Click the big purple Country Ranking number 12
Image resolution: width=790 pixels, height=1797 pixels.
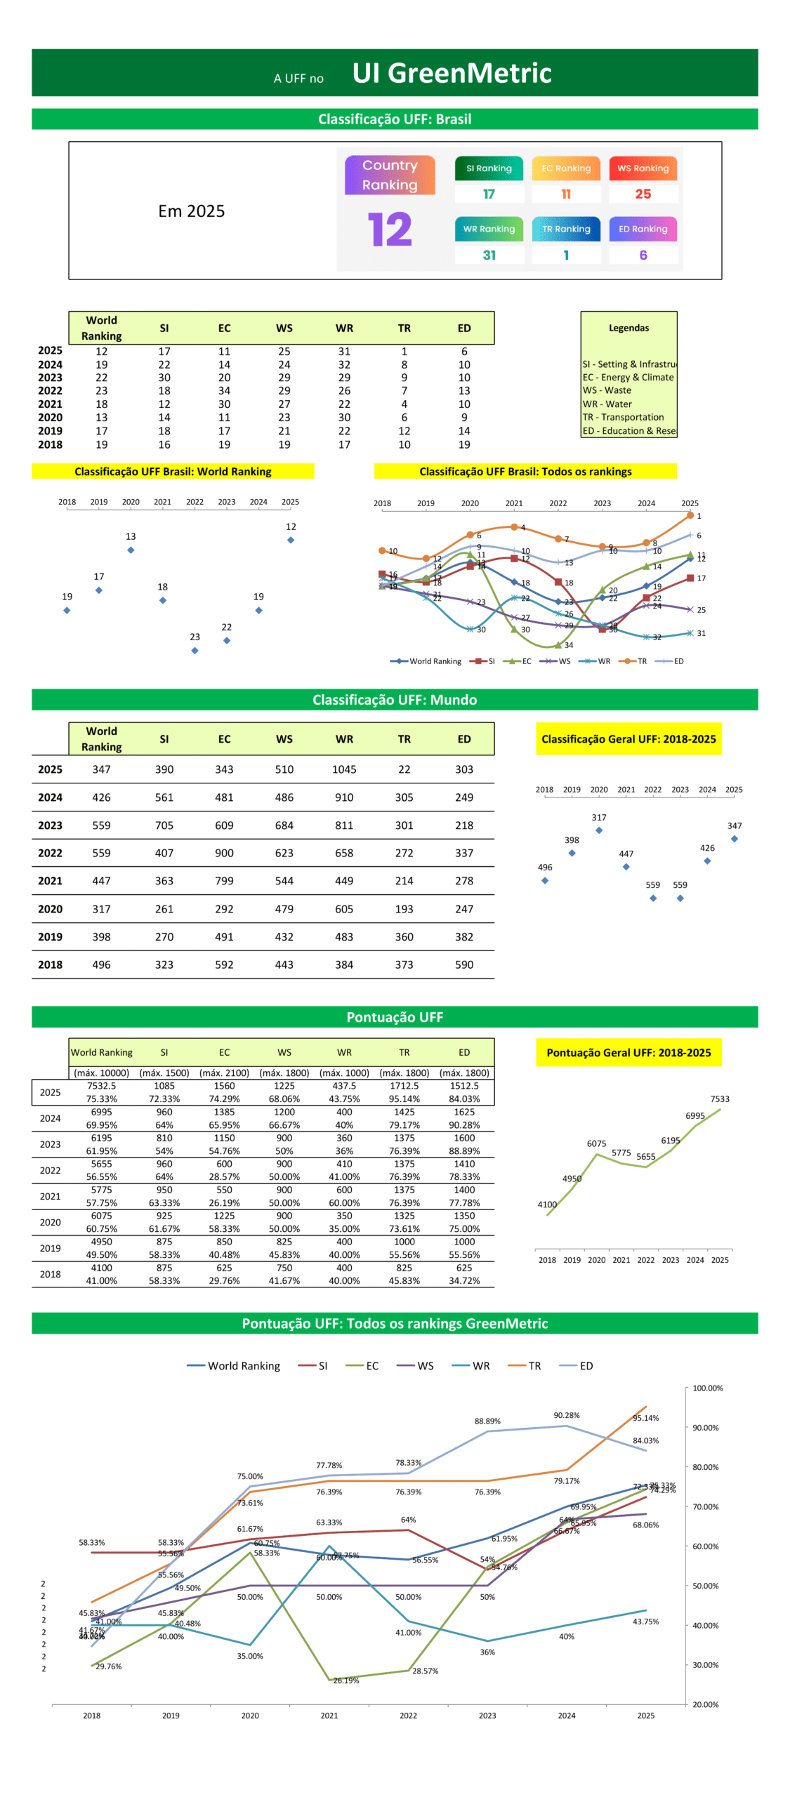click(x=389, y=229)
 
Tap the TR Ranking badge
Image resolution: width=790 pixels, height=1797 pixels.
click(x=565, y=228)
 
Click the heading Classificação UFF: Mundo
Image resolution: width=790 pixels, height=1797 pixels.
click(x=394, y=699)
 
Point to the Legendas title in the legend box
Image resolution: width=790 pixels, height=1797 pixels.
click(x=628, y=328)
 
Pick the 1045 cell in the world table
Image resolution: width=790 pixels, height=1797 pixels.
click(x=343, y=769)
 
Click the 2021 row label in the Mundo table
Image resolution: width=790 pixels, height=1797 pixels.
click(x=50, y=880)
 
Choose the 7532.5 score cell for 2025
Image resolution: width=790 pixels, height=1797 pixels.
click(x=101, y=1085)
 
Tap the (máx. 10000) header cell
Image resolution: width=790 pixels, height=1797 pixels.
click(x=101, y=1073)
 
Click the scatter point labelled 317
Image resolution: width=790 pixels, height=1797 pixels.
click(x=598, y=830)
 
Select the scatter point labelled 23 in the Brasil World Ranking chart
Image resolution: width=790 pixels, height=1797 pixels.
click(x=195, y=650)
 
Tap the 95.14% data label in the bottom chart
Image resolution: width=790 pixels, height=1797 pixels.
click(x=645, y=1418)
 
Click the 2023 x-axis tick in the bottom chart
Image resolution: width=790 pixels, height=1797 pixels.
click(x=487, y=1715)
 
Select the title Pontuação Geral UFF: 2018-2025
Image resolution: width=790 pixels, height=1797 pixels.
click(x=628, y=1052)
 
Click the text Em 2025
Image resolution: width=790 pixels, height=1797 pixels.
click(x=191, y=211)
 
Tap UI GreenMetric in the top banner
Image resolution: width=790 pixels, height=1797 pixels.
click(x=452, y=73)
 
